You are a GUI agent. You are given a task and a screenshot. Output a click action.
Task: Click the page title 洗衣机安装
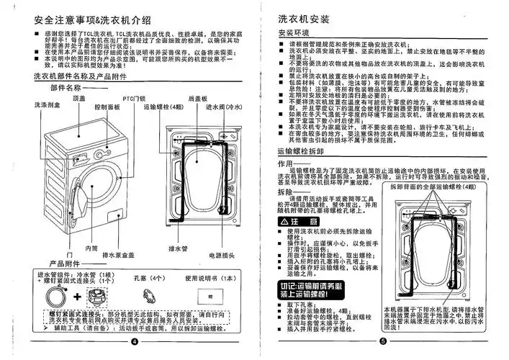(x=307, y=16)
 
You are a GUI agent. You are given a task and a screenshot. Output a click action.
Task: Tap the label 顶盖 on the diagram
(x=79, y=97)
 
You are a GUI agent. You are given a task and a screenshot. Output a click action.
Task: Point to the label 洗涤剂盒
(x=46, y=106)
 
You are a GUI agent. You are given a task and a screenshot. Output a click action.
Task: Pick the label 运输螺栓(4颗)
(x=164, y=107)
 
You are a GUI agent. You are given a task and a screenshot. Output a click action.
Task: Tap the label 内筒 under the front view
(x=91, y=248)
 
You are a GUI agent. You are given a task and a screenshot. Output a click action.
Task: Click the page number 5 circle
(x=383, y=341)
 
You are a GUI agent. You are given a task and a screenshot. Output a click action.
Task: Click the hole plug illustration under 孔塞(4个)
(x=150, y=295)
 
